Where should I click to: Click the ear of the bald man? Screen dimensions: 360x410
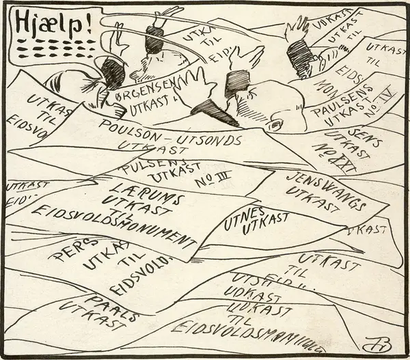pos(275,125)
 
